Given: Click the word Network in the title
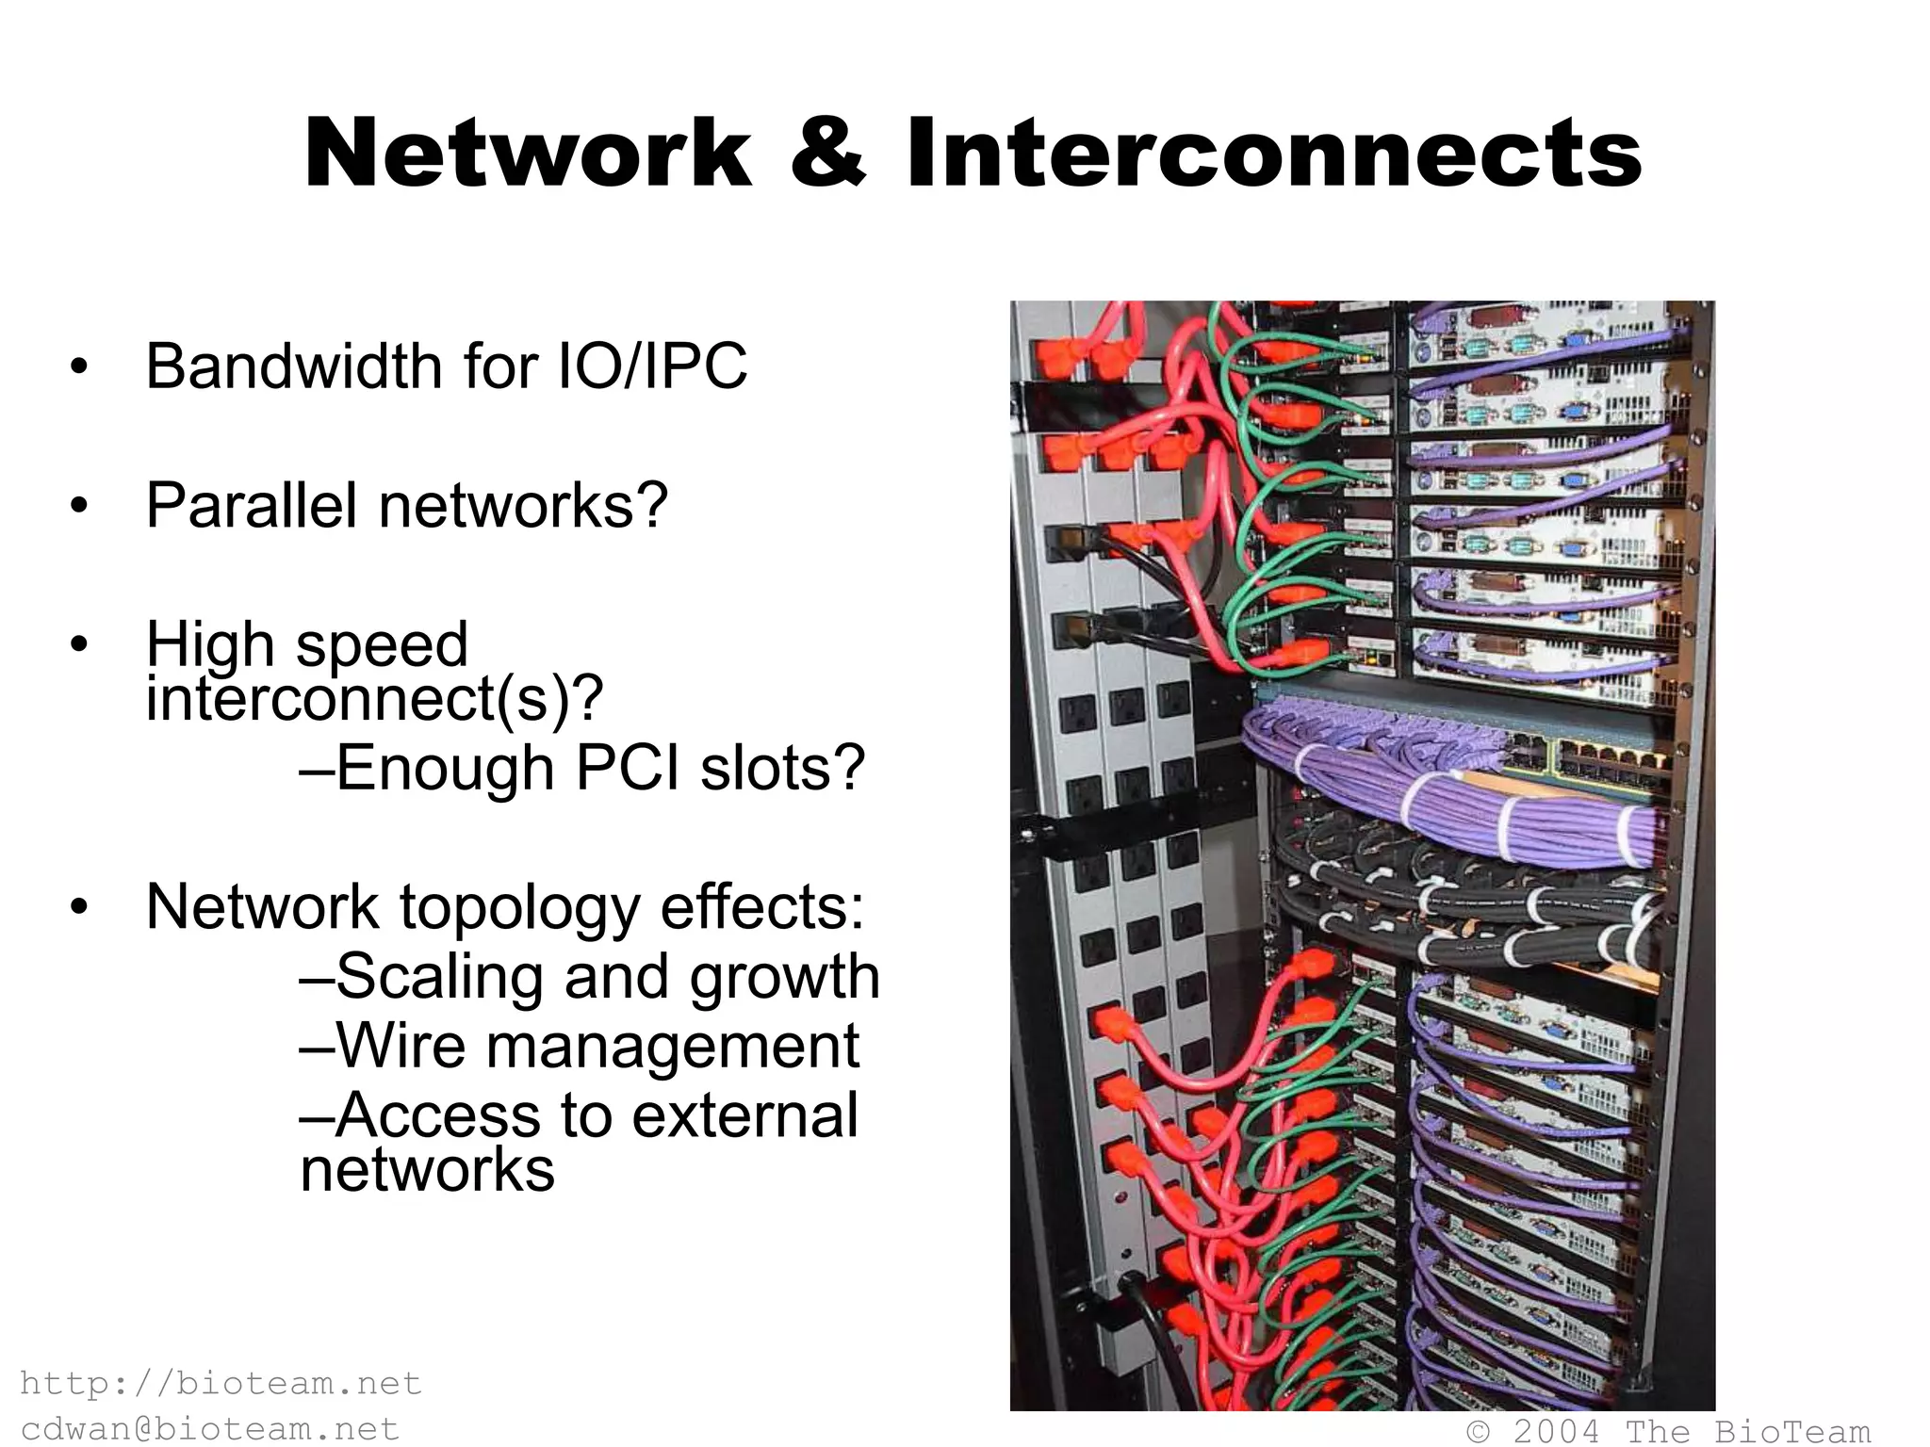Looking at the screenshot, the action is tap(528, 154).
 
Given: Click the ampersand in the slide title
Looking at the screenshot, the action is tap(827, 154).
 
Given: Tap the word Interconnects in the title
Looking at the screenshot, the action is tap(1274, 154).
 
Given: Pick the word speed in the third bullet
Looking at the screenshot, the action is tap(382, 645).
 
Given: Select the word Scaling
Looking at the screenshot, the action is tap(439, 976).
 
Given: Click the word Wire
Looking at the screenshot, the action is tap(401, 1046).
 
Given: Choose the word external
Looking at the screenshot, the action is tap(744, 1115).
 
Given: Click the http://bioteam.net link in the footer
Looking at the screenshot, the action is tap(221, 1383).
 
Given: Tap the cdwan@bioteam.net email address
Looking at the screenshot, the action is tap(210, 1429).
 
